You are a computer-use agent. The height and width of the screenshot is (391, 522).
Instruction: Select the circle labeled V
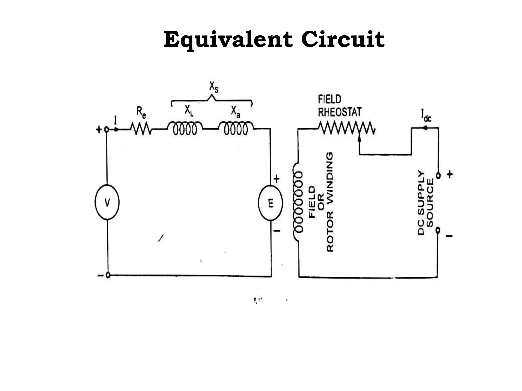(x=107, y=202)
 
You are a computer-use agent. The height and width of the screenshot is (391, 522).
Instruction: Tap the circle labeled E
(x=270, y=203)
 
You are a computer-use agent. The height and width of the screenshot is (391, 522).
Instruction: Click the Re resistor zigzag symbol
(x=141, y=129)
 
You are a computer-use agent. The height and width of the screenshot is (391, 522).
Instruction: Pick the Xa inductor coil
(x=236, y=129)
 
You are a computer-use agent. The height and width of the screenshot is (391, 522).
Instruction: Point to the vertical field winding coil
(x=298, y=202)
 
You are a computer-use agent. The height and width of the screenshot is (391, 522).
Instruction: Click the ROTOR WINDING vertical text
(x=330, y=202)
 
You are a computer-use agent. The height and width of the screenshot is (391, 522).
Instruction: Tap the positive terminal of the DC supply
(x=438, y=176)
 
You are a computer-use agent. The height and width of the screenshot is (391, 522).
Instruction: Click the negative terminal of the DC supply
(x=438, y=230)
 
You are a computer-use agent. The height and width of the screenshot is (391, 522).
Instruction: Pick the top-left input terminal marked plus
(x=107, y=130)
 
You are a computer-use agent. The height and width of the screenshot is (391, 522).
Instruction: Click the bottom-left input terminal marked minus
(x=108, y=275)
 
